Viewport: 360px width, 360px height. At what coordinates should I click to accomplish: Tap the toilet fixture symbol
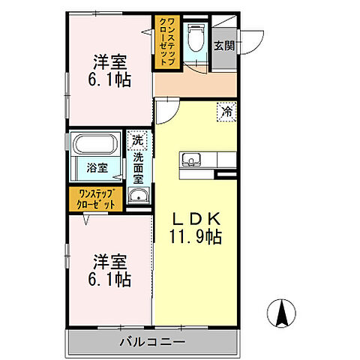[x=196, y=37]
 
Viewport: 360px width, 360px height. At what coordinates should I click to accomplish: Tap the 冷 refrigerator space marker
[x=226, y=111]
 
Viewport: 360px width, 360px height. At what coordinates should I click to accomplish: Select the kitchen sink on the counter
[x=190, y=160]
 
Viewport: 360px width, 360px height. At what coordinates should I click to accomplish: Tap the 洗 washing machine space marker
[x=137, y=140]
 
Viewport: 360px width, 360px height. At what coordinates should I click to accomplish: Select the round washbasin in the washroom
[x=137, y=197]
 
